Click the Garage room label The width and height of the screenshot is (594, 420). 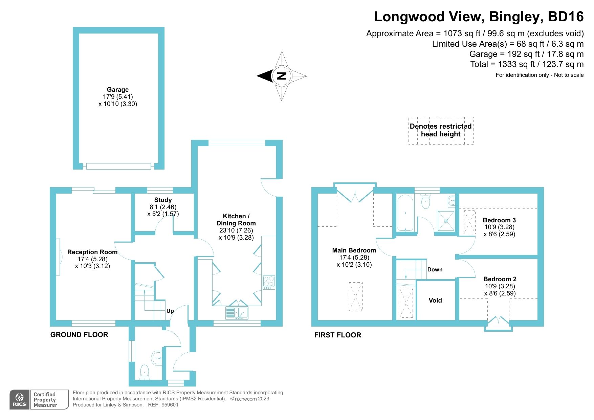(x=118, y=90)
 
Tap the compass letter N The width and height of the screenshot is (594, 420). (x=281, y=76)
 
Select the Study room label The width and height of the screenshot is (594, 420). (x=163, y=200)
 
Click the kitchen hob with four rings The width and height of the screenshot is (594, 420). (x=269, y=282)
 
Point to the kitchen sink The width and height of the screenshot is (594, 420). (x=237, y=313)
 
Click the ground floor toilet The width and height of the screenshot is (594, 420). (x=145, y=372)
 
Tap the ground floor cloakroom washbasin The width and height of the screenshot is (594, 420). (x=157, y=358)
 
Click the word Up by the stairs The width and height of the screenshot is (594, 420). (x=170, y=311)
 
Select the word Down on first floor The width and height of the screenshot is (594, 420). (x=435, y=269)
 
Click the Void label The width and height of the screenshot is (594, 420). (x=435, y=300)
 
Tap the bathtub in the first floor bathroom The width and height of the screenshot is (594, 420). (x=405, y=213)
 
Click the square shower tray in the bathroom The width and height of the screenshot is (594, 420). (x=446, y=221)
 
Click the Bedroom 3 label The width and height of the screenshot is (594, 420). (x=499, y=220)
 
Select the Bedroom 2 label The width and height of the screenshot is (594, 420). (x=500, y=279)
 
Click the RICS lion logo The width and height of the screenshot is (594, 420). (x=20, y=399)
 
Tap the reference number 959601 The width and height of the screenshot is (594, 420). (x=170, y=404)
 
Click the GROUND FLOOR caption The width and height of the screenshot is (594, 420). (x=79, y=335)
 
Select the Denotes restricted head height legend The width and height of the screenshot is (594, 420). (x=441, y=130)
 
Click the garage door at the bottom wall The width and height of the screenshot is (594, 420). (x=118, y=166)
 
